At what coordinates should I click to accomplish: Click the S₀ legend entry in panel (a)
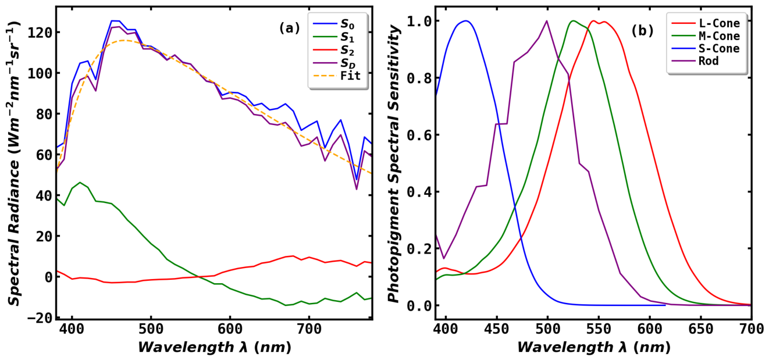point(334,24)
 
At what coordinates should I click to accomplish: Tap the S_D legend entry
point(334,63)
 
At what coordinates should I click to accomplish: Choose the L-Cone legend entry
point(706,23)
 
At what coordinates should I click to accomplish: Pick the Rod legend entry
point(695,61)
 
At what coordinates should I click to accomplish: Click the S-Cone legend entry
point(706,48)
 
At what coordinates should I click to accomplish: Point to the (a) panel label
point(289,28)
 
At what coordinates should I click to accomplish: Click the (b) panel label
point(642,31)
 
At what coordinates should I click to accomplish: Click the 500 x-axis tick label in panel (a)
point(151,329)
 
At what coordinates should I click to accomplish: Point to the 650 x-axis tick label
point(701,329)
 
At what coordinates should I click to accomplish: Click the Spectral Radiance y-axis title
point(14,163)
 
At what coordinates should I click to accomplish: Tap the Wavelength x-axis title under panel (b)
point(593,347)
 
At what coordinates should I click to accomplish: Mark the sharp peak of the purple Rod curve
point(547,21)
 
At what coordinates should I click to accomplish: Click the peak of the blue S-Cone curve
point(466,21)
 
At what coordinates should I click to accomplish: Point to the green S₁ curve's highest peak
point(80,182)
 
